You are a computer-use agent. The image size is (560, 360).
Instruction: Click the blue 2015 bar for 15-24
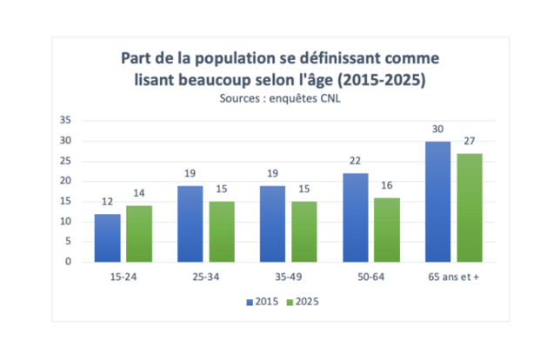pos(108,237)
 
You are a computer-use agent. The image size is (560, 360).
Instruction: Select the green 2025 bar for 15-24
pos(139,233)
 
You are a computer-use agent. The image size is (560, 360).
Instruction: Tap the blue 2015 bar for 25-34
pos(190,223)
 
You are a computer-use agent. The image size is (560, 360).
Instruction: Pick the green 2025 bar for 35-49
pos(304,231)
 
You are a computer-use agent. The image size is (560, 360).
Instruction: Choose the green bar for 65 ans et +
pos(470,207)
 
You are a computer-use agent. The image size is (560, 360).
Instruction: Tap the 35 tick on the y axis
pos(65,120)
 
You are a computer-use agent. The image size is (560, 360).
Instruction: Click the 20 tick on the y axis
pos(65,181)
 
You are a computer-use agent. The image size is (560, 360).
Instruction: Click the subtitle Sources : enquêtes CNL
pos(279,98)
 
